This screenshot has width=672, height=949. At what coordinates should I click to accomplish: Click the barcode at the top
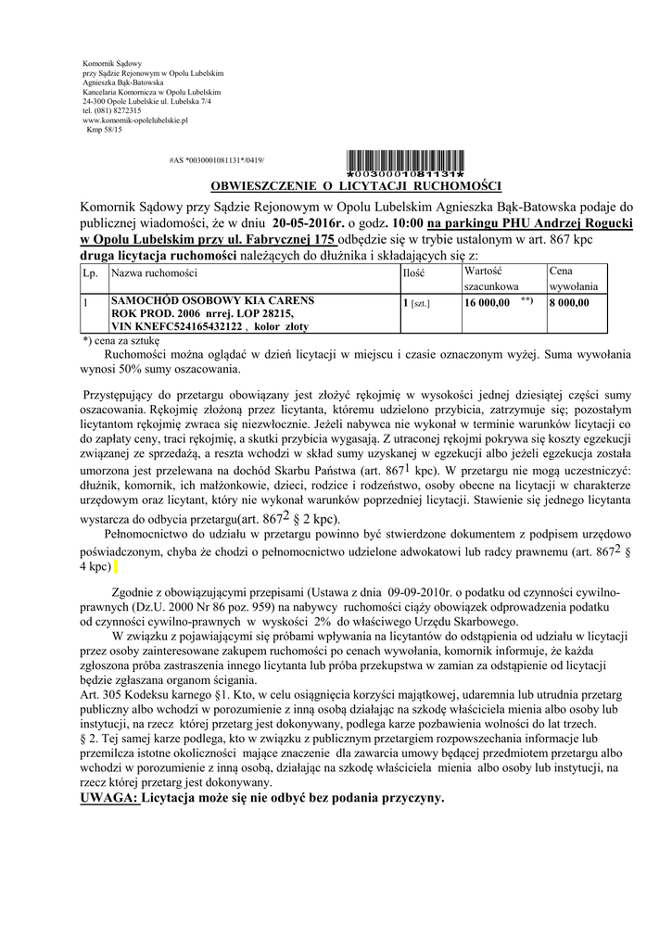click(404, 161)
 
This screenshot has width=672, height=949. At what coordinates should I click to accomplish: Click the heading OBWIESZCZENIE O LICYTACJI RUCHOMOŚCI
click(356, 185)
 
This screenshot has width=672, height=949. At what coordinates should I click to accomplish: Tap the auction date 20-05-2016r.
click(310, 222)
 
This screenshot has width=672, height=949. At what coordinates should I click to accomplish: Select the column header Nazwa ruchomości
click(154, 273)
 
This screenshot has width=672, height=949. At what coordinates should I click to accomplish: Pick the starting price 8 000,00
click(570, 302)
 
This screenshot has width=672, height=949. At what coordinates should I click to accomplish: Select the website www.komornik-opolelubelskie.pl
click(135, 120)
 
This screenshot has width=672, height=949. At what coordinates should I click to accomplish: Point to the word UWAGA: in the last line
click(110, 798)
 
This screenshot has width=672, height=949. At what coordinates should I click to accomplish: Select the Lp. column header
click(90, 273)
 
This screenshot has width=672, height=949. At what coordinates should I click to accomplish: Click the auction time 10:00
click(408, 222)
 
